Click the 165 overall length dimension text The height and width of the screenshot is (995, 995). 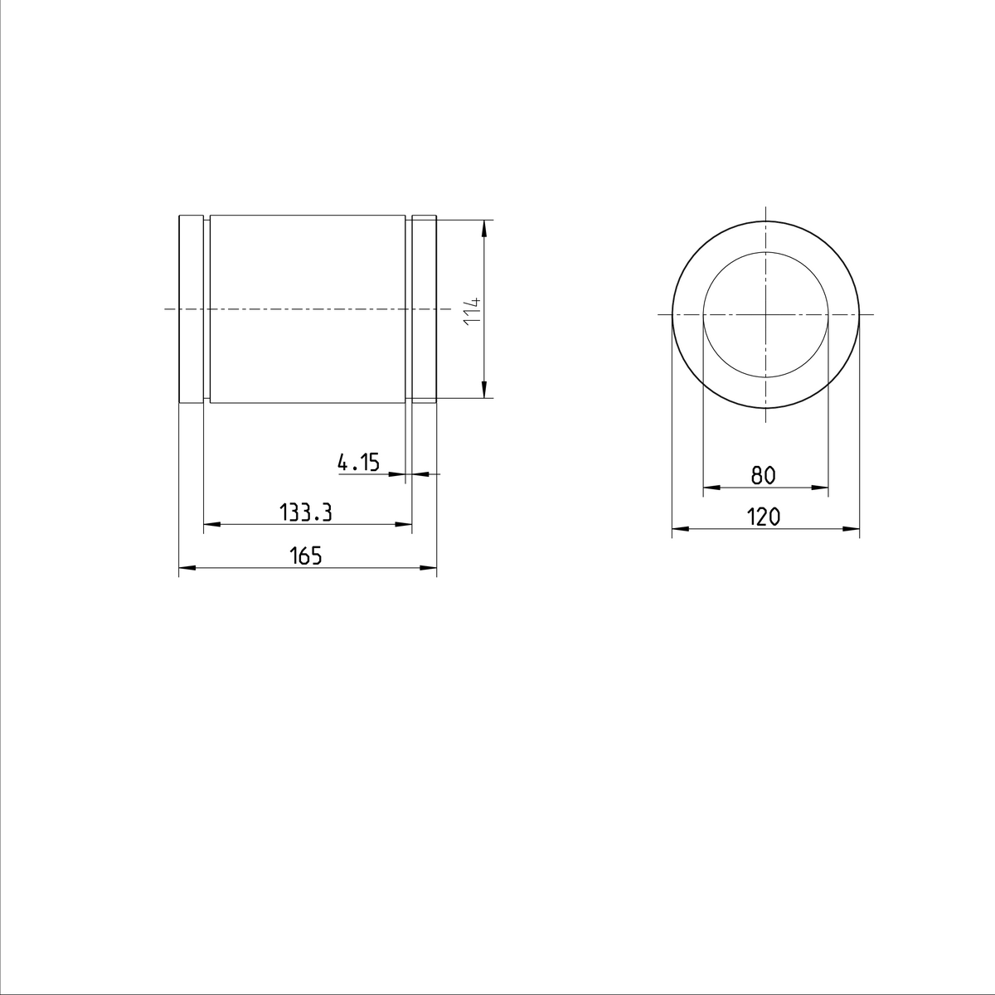click(x=305, y=556)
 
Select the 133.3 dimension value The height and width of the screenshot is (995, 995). click(x=305, y=513)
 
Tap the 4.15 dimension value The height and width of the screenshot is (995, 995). click(x=358, y=462)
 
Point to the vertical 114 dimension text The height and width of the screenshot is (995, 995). click(x=473, y=309)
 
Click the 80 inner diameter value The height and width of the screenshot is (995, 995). click(x=763, y=475)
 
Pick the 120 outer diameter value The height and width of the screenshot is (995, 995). click(x=764, y=517)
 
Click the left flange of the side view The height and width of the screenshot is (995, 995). click(x=192, y=309)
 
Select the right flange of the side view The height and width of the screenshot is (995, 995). click(x=425, y=309)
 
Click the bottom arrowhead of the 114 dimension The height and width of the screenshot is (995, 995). click(x=484, y=391)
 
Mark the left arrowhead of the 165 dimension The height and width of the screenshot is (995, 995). click(x=186, y=568)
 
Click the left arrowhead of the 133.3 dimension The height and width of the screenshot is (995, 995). click(x=211, y=524)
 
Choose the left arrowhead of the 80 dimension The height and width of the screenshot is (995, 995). click(x=710, y=486)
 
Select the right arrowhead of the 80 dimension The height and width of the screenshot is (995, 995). click(x=822, y=486)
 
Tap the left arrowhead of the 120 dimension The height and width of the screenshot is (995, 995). click(x=678, y=528)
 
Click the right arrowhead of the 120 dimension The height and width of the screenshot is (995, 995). click(x=852, y=528)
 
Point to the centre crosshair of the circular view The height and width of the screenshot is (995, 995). click(x=765, y=315)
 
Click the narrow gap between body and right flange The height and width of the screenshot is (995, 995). click(x=408, y=309)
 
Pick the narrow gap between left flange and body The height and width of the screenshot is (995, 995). click(x=207, y=309)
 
